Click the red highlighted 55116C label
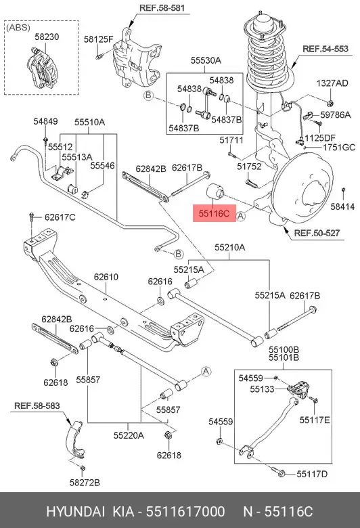pyautogui.click(x=215, y=213)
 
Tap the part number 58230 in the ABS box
pyautogui.click(x=47, y=37)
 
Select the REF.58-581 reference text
pyautogui.click(x=162, y=7)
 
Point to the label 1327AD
pyautogui.click(x=332, y=83)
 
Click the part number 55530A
pyautogui.click(x=206, y=60)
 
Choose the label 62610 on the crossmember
pyautogui.click(x=106, y=277)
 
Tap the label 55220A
pyautogui.click(x=129, y=435)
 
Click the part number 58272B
pyautogui.click(x=85, y=483)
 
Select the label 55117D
pyautogui.click(x=312, y=474)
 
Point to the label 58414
pyautogui.click(x=342, y=206)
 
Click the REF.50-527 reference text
pyautogui.click(x=317, y=233)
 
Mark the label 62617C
pyautogui.click(x=60, y=217)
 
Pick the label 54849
pyautogui.click(x=45, y=122)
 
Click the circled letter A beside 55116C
pyautogui.click(x=240, y=216)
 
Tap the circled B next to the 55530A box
pyautogui.click(x=148, y=95)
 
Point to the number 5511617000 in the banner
pyautogui.click(x=185, y=512)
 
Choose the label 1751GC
pyautogui.click(x=339, y=148)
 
